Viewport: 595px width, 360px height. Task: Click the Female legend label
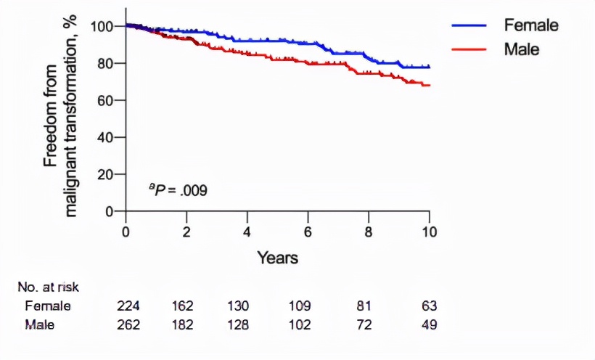click(x=531, y=25)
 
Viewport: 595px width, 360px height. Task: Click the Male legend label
click(x=522, y=49)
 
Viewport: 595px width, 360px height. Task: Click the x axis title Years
click(x=277, y=257)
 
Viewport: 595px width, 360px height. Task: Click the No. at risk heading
click(x=49, y=287)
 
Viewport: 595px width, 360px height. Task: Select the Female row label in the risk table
click(x=47, y=306)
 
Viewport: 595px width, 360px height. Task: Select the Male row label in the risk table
click(x=40, y=324)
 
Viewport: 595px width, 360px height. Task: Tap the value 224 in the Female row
click(x=128, y=306)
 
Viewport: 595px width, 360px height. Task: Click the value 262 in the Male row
click(x=128, y=324)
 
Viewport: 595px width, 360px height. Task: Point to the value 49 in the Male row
click(x=430, y=324)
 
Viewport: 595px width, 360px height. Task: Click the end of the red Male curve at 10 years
click(x=429, y=85)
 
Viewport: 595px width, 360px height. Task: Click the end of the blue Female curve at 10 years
click(x=429, y=67)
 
